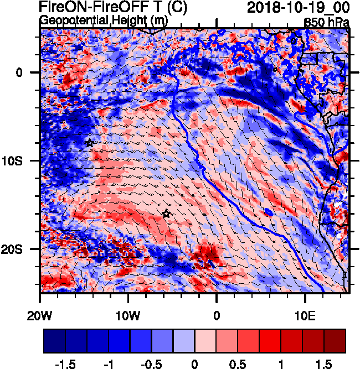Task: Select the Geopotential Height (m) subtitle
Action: click(x=104, y=20)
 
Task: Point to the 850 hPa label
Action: click(x=327, y=22)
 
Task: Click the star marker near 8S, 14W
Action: click(x=90, y=143)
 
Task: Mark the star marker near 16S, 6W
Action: click(x=166, y=214)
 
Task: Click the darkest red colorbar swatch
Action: click(x=335, y=341)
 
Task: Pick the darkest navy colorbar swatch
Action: click(x=55, y=341)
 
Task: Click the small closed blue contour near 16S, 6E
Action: click(x=269, y=212)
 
